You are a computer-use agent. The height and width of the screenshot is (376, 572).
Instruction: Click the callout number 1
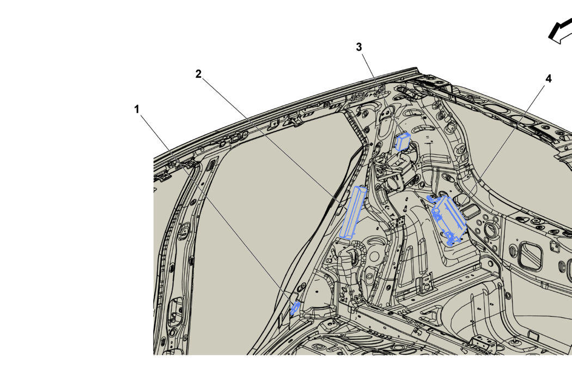click(137, 109)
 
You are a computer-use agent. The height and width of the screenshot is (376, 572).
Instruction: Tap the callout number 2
click(198, 74)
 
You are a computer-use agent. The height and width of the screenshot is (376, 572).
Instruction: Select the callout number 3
click(359, 47)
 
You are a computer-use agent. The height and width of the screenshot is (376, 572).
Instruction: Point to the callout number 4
click(548, 78)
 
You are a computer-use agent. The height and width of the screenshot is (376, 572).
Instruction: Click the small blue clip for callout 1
click(295, 308)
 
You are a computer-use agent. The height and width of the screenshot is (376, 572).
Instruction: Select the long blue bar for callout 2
click(352, 213)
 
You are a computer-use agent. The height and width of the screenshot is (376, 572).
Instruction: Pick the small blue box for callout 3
click(403, 142)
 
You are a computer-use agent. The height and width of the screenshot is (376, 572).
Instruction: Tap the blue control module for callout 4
click(448, 220)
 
